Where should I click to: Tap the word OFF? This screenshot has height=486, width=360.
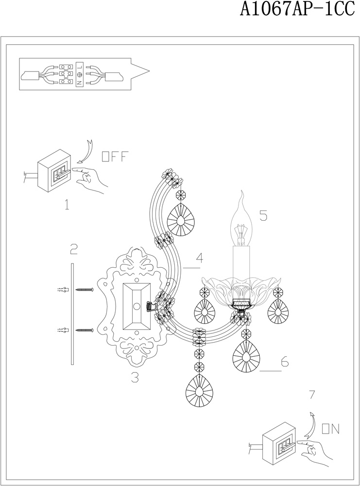[x=114, y=156]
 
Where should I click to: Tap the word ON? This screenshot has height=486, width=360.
[x=330, y=428]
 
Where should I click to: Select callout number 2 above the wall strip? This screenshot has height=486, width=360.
[x=73, y=250]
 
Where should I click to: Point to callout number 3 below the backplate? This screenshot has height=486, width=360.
[x=135, y=377]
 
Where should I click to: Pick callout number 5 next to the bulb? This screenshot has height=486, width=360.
[x=263, y=215]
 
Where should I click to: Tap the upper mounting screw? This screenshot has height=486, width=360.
[x=85, y=290]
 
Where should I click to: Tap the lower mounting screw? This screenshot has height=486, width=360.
[x=85, y=330]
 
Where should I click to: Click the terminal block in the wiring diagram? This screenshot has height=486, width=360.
[x=69, y=75]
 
